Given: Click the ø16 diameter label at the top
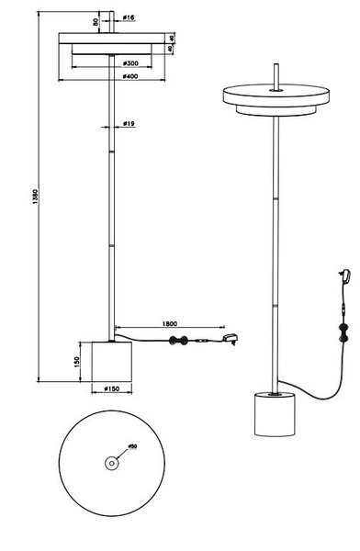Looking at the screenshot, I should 129,17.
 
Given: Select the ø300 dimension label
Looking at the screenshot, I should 130,63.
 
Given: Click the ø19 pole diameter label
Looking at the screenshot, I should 129,122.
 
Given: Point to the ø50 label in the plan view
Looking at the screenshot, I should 131,446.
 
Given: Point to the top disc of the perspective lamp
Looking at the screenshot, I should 275,93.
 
